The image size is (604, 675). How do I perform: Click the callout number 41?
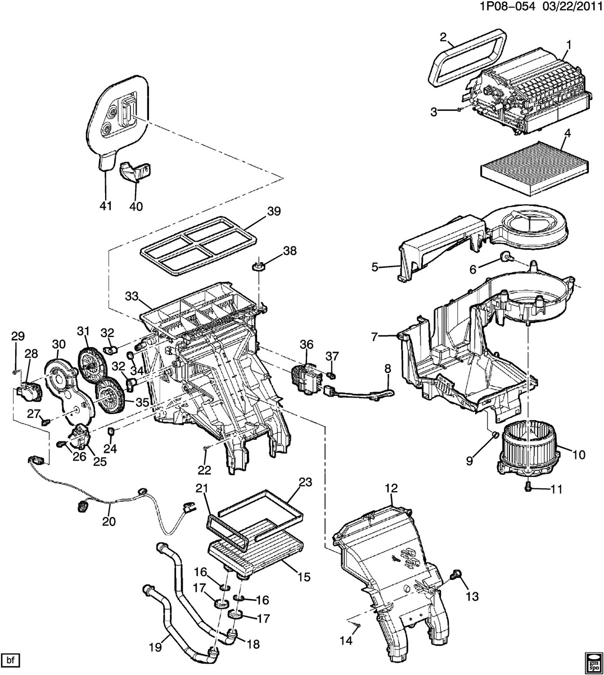[106, 206]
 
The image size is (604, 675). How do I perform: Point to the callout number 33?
[131, 296]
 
